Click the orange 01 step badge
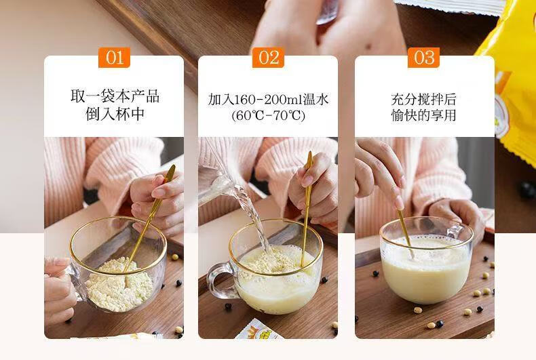[114, 58]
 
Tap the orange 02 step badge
[269, 58]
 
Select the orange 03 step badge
[423, 58]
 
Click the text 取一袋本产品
[115, 96]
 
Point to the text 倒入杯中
[115, 114]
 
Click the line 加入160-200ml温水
[269, 100]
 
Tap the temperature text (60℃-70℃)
[269, 116]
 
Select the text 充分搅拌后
[423, 99]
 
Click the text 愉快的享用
[423, 115]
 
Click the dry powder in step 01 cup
[118, 285]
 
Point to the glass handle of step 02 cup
[219, 281]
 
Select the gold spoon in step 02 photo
[306, 208]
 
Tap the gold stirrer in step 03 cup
[405, 233]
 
